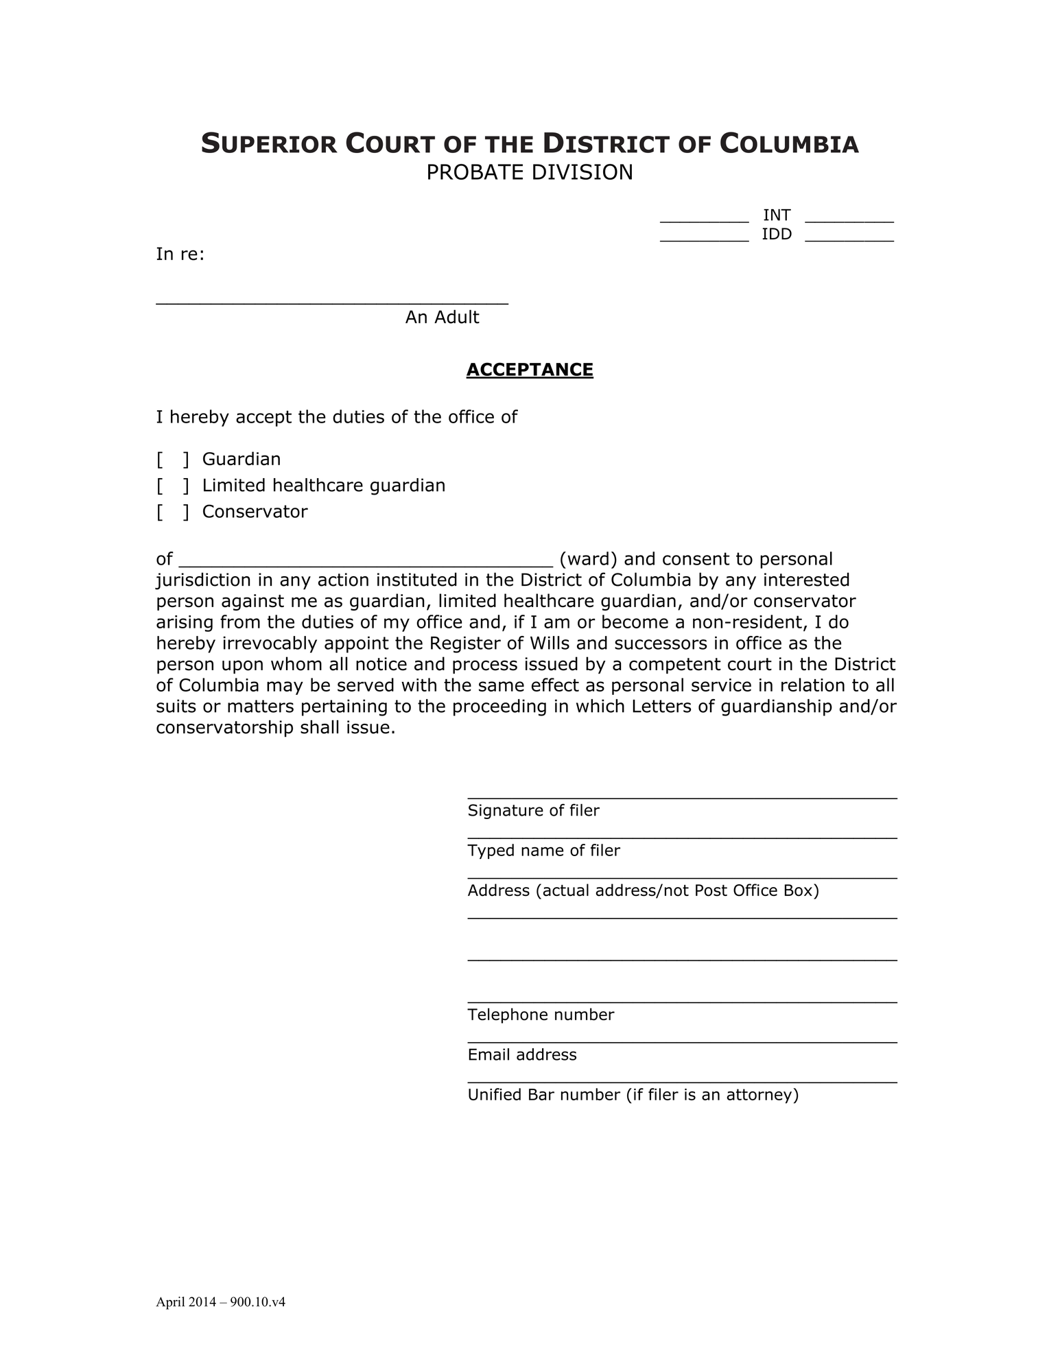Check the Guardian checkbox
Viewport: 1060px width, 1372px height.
click(x=172, y=459)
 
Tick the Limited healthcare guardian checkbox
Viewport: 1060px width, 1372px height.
click(x=172, y=486)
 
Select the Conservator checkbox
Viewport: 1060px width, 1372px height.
click(x=172, y=512)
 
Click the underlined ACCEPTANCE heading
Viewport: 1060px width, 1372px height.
click(x=530, y=370)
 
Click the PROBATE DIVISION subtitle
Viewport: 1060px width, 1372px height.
click(x=530, y=172)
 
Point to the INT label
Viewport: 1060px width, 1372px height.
click(x=777, y=215)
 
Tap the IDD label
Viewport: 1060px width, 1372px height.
click(x=777, y=235)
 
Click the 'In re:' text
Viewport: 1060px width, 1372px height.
click(x=180, y=255)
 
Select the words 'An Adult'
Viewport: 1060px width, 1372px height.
click(x=442, y=317)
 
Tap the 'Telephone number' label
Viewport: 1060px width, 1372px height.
click(x=541, y=1015)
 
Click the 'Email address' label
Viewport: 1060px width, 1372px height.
click(x=522, y=1054)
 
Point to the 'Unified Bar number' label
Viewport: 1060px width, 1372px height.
click(x=633, y=1095)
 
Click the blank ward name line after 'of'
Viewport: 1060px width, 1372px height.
click(x=366, y=561)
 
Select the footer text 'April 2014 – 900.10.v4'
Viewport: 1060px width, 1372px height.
click(x=220, y=1302)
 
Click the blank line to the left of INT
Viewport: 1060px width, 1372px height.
click(x=704, y=218)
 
